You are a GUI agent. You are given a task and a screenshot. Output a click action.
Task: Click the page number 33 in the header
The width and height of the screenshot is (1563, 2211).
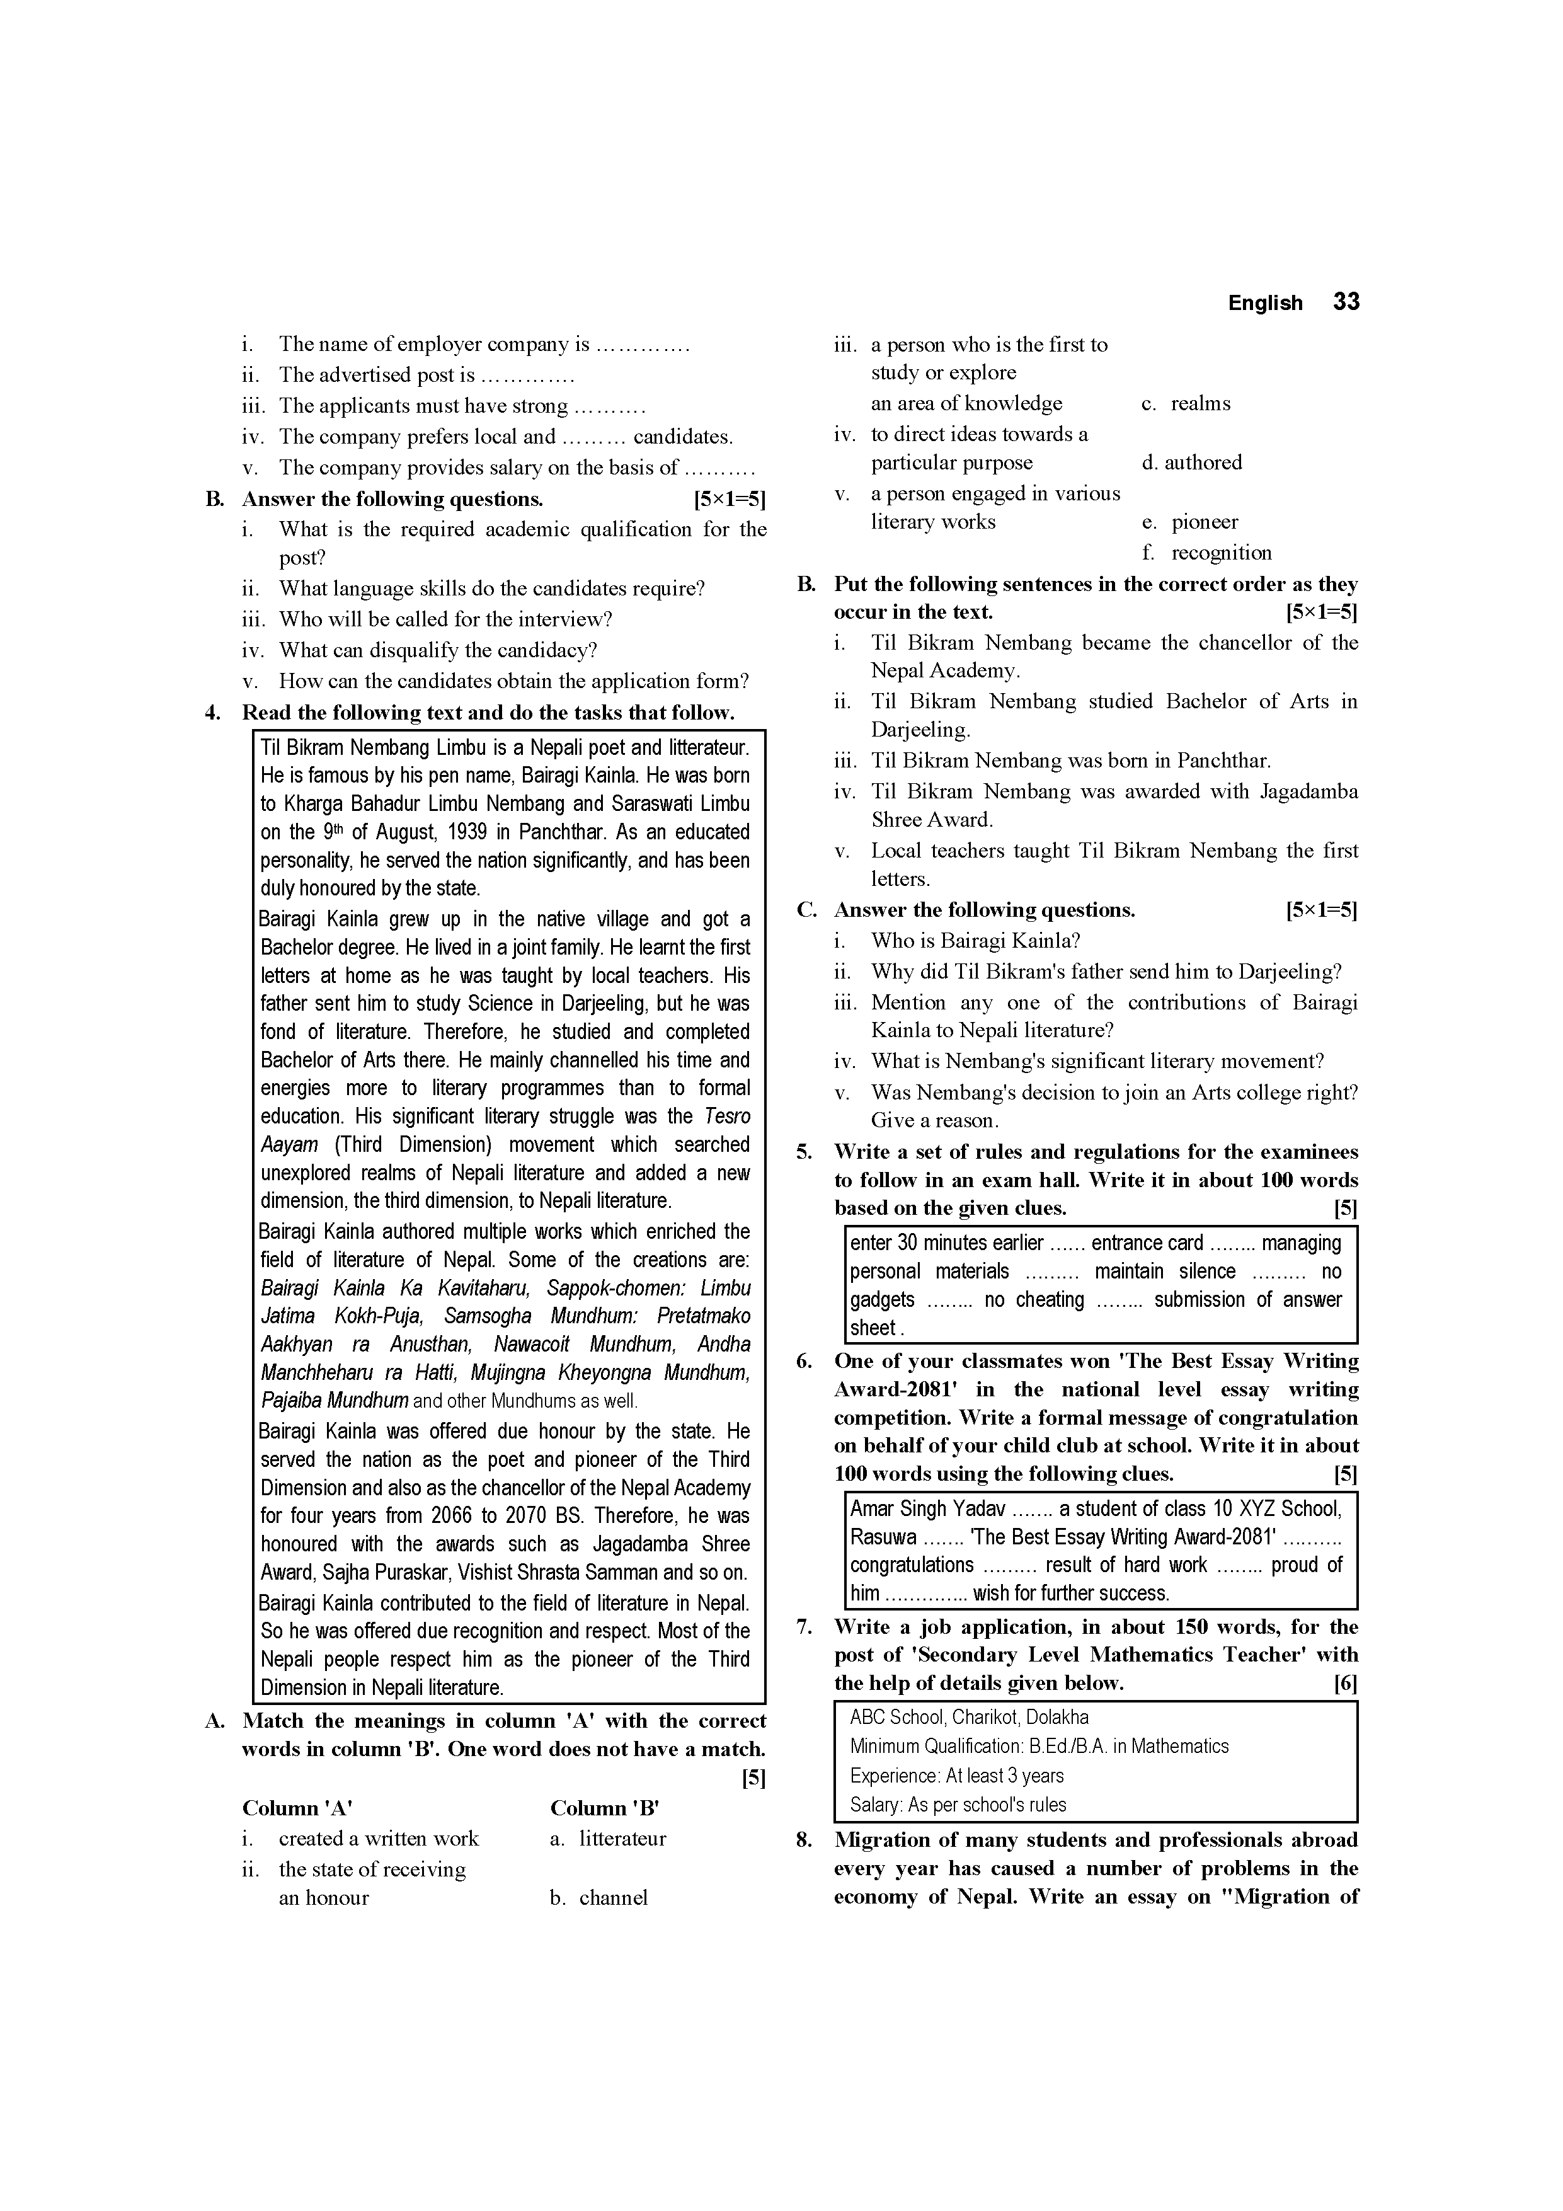(1346, 302)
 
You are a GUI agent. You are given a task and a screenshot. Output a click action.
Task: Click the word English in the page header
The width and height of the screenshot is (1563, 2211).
(1264, 303)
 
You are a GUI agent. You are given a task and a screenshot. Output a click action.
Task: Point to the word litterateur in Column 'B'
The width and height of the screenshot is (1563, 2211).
(622, 1839)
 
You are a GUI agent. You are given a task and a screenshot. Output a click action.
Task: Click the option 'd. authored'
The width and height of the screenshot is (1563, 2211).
(1192, 462)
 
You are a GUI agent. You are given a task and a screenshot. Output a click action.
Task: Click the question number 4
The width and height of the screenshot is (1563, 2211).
(213, 713)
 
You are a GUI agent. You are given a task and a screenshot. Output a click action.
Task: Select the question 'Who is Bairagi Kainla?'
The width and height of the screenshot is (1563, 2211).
(976, 941)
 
